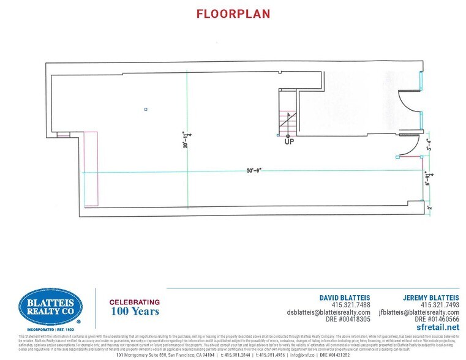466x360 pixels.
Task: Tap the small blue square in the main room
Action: pos(146,110)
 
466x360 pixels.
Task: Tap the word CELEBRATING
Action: pos(134,302)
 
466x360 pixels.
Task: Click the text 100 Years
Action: pos(134,312)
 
